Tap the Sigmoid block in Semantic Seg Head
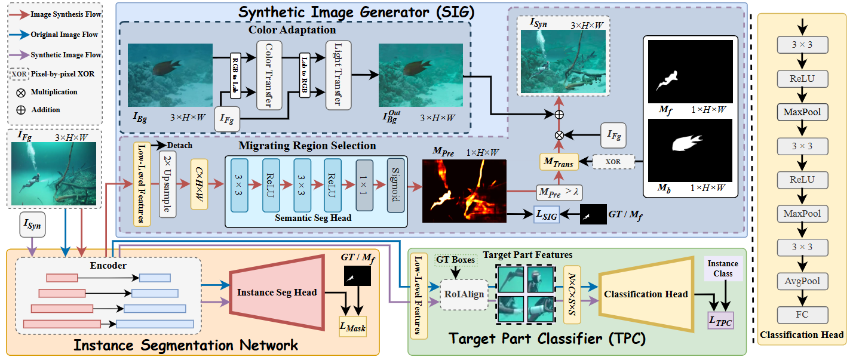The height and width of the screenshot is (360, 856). [x=395, y=186]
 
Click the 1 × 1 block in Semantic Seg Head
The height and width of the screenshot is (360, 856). [x=364, y=186]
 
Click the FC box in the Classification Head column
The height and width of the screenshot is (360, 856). [x=802, y=315]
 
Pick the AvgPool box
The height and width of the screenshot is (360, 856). [x=802, y=281]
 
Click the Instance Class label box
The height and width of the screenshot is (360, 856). [x=723, y=268]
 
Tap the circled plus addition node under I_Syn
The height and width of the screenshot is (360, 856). [x=559, y=113]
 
